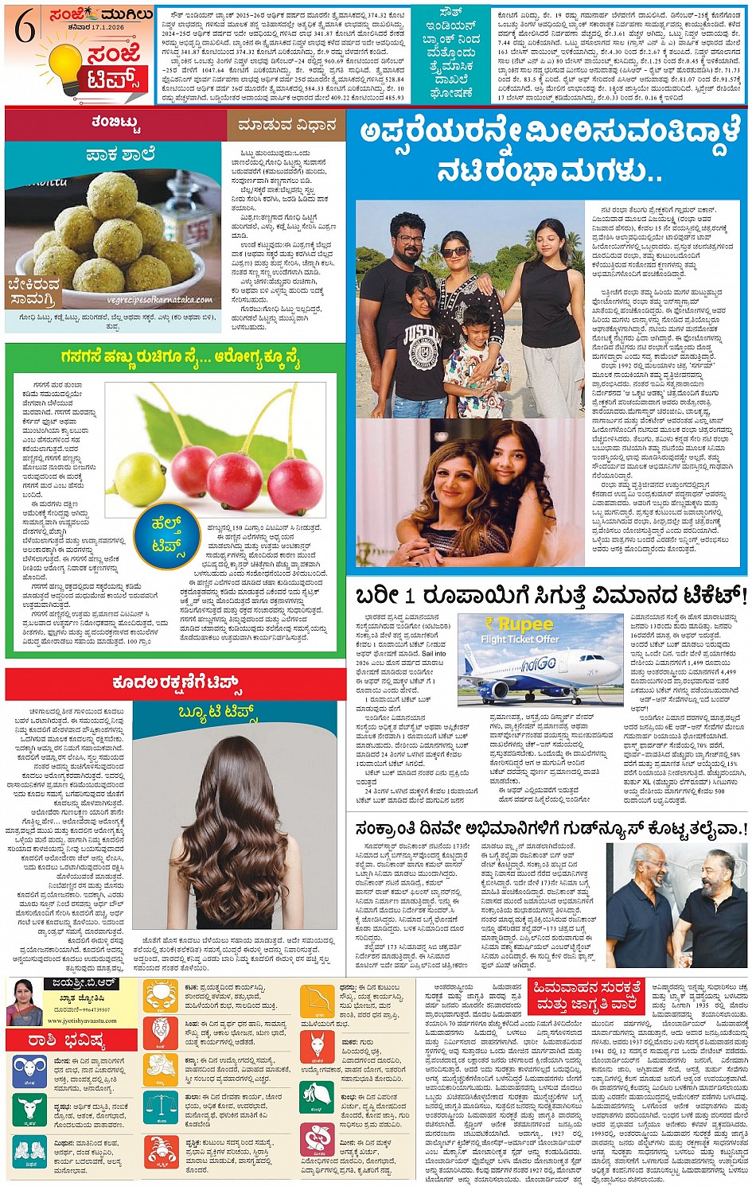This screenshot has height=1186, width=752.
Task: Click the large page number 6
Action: [x=25, y=30]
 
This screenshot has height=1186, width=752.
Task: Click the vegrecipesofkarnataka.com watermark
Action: [x=160, y=300]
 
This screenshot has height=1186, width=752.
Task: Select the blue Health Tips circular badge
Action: [x=168, y=532]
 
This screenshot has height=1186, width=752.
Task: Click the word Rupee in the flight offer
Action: [x=525, y=624]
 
